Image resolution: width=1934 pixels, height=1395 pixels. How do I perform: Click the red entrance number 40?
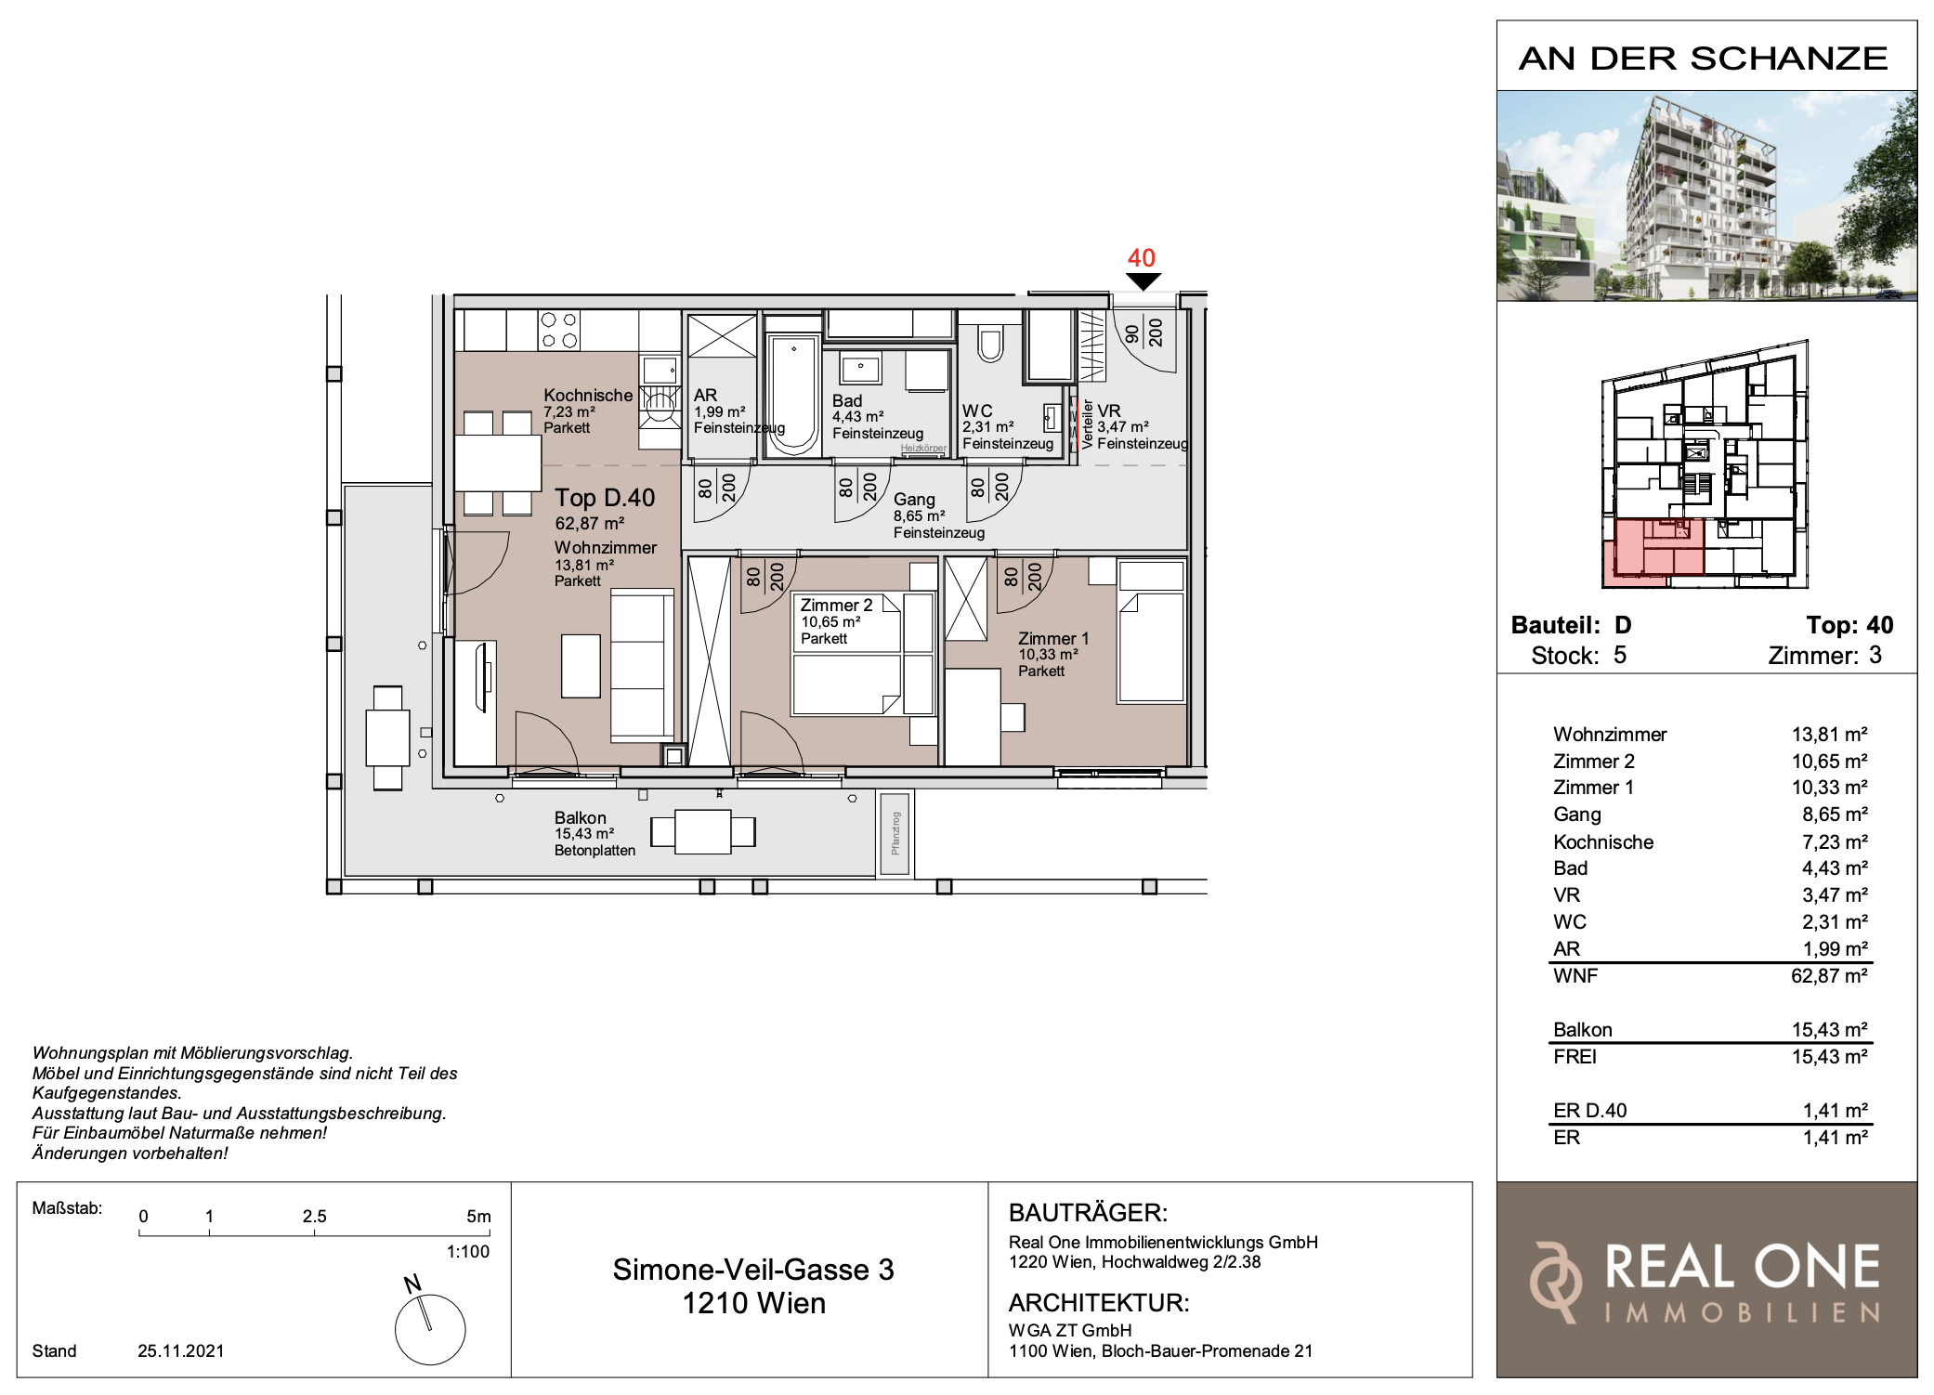coord(1142,258)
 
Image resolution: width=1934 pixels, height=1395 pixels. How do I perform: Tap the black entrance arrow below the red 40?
coord(1143,281)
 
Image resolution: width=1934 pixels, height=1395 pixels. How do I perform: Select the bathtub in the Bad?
coord(793,397)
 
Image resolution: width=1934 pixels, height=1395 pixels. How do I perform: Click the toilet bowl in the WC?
coord(990,343)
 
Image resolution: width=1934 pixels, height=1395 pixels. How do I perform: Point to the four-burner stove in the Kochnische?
coord(559,330)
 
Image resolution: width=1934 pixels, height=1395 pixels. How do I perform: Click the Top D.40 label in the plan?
coord(605,498)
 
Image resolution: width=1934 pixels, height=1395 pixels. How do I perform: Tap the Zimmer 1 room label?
coord(1053,638)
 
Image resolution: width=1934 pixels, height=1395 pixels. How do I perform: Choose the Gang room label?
coord(914,500)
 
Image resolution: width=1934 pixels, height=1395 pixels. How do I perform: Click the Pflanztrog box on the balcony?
coord(895,833)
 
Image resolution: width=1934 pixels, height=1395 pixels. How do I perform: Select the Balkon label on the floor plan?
coord(580,817)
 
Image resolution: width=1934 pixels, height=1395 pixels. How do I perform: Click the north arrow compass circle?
coord(430,1330)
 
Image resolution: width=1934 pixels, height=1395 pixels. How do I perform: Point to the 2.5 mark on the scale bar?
coord(314,1216)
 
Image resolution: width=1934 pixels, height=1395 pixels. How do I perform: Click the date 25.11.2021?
coord(181,1350)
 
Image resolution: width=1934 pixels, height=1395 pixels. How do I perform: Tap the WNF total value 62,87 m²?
coord(1829,975)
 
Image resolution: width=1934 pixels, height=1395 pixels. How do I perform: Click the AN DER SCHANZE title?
coord(1704,59)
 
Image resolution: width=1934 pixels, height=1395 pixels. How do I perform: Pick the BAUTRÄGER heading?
coord(1088,1212)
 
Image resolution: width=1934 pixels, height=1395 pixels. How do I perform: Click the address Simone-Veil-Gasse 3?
coord(753,1270)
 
